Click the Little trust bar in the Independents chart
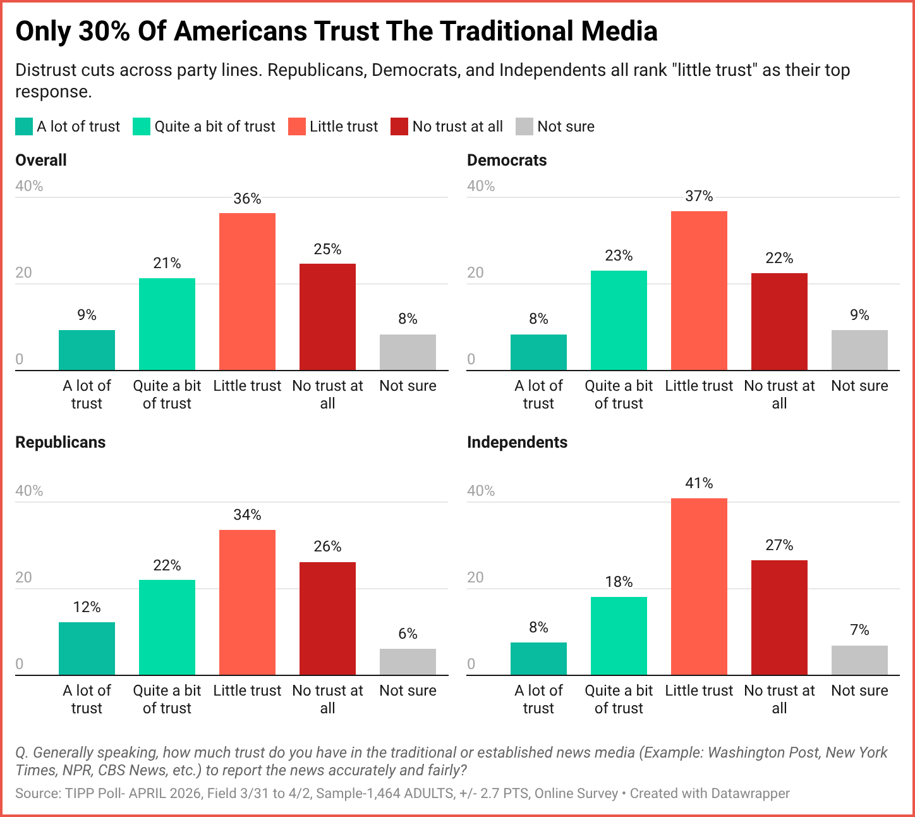pos(699,587)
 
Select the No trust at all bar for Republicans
pos(327,618)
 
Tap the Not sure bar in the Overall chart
pos(408,352)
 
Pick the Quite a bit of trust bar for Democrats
pos(619,321)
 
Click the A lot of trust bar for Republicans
pos(87,649)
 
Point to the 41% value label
pos(699,484)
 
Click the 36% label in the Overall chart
pos(247,199)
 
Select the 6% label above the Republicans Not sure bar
pos(408,634)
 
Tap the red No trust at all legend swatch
pos(399,126)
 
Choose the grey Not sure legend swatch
pos(524,126)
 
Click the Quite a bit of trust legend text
pos(215,126)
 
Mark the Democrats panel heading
pos(507,160)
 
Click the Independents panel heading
pos(517,442)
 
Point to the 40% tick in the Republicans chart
pos(29,491)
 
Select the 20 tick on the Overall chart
pos(23,273)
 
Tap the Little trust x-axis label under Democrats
pos(699,386)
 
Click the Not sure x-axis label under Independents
pos(859,691)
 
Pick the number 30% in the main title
pos(104,31)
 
